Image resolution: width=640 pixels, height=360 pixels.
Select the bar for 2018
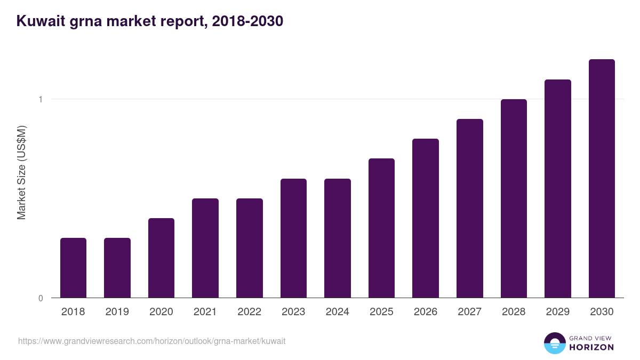coord(73,268)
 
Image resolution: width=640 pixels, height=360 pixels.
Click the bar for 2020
coord(161,258)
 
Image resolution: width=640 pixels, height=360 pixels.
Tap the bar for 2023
coord(293,238)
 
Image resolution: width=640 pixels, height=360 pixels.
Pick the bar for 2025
coord(381,228)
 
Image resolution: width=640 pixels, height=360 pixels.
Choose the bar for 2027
coord(470,208)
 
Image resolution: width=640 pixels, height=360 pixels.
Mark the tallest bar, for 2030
coord(602,178)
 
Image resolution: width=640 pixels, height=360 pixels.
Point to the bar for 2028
coord(514,198)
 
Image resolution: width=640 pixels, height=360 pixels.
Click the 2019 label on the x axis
coord(117,312)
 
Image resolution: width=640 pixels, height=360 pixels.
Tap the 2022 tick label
coord(249,312)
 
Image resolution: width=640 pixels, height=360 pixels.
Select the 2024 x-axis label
coord(337,312)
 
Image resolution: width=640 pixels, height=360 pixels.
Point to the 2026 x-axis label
coord(425,312)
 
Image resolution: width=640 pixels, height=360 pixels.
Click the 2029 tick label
coord(557,312)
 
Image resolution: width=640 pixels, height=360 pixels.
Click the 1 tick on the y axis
coord(41,99)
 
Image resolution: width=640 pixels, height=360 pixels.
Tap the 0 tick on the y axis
coord(41,298)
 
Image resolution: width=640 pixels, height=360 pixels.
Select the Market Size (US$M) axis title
coord(21,172)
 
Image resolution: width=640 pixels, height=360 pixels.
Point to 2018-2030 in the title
coord(247,21)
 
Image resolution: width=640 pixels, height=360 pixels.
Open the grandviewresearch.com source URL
coord(151,341)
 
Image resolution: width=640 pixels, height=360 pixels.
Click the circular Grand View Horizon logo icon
coord(554,343)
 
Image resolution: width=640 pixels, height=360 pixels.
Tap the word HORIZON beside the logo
coord(591,347)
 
